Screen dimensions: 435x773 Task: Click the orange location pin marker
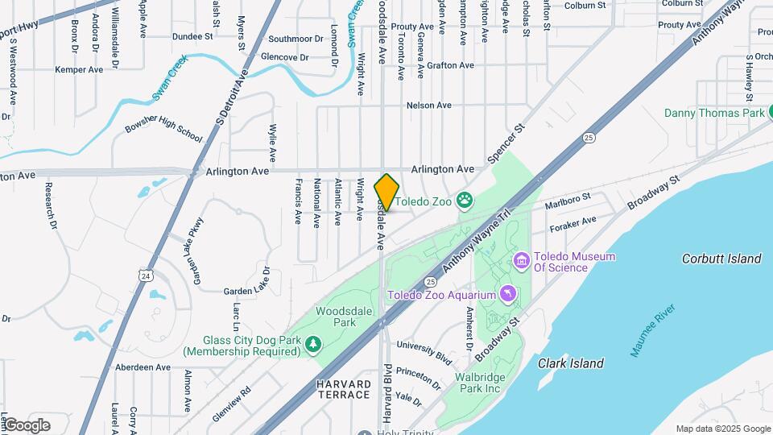pos(386,193)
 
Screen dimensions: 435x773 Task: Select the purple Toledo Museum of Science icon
pos(521,261)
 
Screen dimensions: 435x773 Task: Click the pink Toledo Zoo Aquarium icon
pos(507,294)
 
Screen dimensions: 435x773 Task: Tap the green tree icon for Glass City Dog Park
pos(314,344)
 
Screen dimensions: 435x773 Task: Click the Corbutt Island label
pos(721,259)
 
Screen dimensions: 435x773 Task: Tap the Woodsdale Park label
pos(336,317)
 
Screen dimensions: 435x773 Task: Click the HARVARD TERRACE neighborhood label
pos(343,391)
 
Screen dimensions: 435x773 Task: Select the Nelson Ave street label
pos(428,106)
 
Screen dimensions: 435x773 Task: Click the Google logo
pos(26,425)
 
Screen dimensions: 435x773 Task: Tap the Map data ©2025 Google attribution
pos(723,429)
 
